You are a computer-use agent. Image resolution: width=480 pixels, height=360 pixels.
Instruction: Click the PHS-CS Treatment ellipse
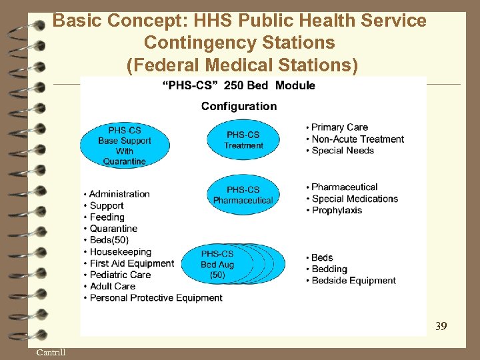(x=243, y=140)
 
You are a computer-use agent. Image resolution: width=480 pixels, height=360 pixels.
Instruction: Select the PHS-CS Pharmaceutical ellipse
(x=243, y=195)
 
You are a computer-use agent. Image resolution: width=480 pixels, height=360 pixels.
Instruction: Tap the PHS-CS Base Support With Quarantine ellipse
(x=125, y=145)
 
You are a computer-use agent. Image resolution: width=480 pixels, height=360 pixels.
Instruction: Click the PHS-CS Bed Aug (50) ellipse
(x=218, y=264)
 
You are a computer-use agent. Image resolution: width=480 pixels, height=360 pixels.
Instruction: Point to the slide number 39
(x=441, y=326)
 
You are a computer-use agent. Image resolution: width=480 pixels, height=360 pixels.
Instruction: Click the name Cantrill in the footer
(x=51, y=352)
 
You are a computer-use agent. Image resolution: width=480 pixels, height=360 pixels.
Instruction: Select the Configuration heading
(x=239, y=106)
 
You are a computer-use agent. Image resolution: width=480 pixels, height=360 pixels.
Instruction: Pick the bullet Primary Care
(x=339, y=127)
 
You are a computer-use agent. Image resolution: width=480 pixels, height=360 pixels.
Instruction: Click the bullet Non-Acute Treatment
(x=357, y=139)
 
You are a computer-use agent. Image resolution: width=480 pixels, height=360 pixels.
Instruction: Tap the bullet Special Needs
(x=342, y=150)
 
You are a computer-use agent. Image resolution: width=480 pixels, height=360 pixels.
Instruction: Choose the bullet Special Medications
(x=355, y=199)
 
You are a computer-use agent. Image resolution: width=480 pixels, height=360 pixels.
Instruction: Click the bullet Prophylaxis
(x=337, y=210)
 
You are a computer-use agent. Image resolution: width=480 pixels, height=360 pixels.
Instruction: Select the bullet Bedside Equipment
(x=353, y=281)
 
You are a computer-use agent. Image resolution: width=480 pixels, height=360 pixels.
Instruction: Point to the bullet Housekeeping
(x=120, y=252)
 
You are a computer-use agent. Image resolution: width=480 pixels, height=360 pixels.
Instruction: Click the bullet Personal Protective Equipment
(x=155, y=298)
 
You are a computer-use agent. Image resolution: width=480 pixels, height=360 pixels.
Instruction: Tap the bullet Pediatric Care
(x=120, y=275)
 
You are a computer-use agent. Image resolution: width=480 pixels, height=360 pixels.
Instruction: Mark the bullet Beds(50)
(x=109, y=240)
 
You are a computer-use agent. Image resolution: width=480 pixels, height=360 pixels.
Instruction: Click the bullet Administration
(x=119, y=194)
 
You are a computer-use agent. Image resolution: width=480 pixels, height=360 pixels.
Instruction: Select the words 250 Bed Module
(x=269, y=85)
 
